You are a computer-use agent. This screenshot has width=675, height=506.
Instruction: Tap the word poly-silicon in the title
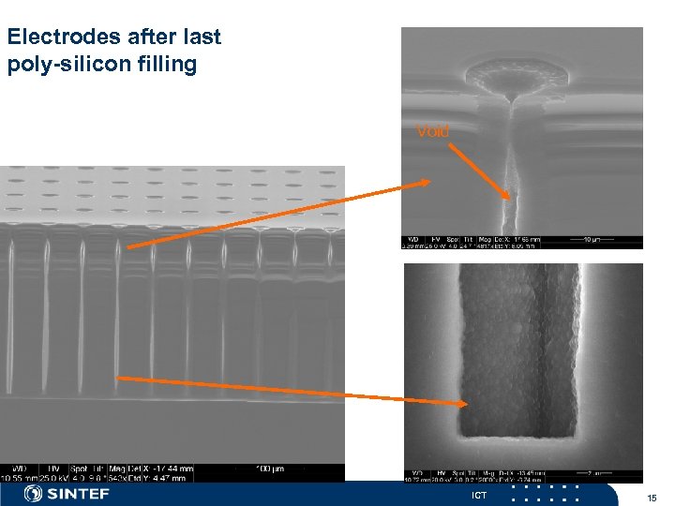pos(62,66)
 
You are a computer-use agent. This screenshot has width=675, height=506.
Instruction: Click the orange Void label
pos(432,131)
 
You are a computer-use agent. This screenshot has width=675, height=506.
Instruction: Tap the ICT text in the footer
pos(479,495)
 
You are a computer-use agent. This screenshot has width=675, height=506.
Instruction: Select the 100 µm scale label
pos(272,467)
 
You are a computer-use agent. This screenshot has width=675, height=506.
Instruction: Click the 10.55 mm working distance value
pos(18,477)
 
